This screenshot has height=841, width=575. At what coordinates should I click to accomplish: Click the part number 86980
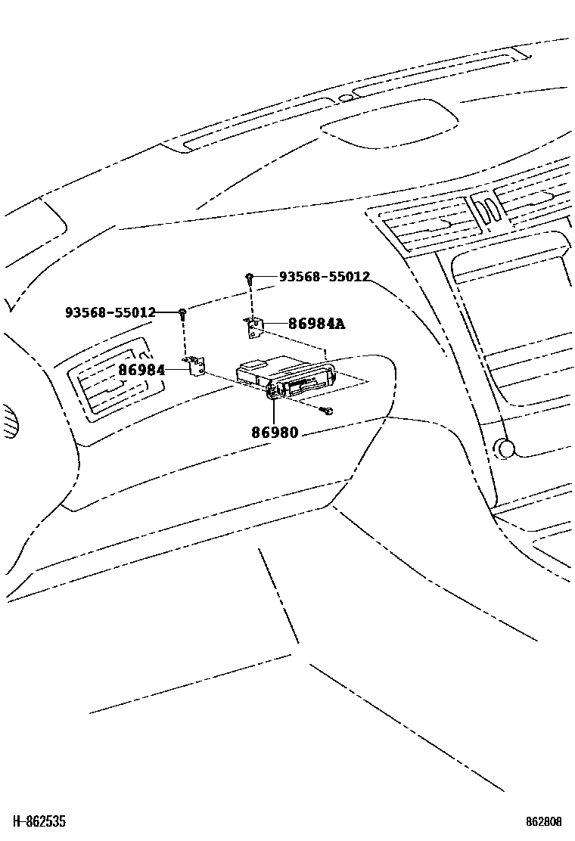coord(274,433)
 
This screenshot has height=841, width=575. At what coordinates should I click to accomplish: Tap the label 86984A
coord(306,324)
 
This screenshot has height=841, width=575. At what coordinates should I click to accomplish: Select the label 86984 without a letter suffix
coord(141,370)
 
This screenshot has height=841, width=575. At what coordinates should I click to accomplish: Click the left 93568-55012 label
coord(110,312)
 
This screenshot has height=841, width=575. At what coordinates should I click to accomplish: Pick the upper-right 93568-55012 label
coord(325,277)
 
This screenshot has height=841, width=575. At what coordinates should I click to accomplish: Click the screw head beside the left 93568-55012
coord(182,312)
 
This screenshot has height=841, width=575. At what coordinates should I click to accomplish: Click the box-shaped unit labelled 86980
coord(284,377)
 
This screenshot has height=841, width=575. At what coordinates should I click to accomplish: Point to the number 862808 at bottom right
coord(544,821)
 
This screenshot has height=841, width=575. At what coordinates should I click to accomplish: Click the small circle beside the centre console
coord(505,448)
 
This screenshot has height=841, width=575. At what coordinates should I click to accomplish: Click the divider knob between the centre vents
coord(487,208)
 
